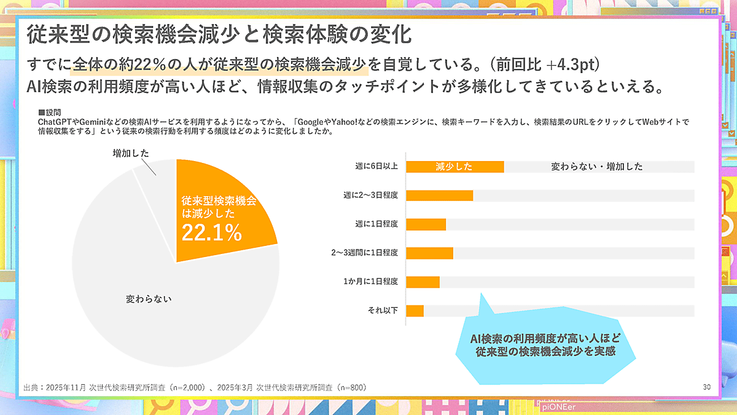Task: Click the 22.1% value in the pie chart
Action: pyautogui.click(x=211, y=233)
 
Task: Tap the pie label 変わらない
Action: pyautogui.click(x=149, y=299)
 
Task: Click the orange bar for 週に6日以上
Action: pyautogui.click(x=454, y=167)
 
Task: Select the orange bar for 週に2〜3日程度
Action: pyautogui.click(x=439, y=196)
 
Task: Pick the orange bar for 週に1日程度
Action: pyautogui.click(x=426, y=224)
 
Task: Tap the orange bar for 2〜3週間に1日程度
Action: pyautogui.click(x=429, y=253)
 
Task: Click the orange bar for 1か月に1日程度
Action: pyautogui.click(x=423, y=282)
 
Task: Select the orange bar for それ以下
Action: pyautogui.click(x=415, y=310)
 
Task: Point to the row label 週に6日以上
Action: pyautogui.click(x=376, y=167)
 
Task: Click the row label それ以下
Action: pyautogui.click(x=382, y=310)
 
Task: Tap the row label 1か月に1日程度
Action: pyautogui.click(x=370, y=282)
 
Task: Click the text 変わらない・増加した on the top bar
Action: pyautogui.click(x=596, y=167)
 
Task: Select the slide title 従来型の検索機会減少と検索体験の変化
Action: pyautogui.click(x=218, y=34)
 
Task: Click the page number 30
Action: pyautogui.click(x=706, y=387)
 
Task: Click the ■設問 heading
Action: pyautogui.click(x=50, y=113)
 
